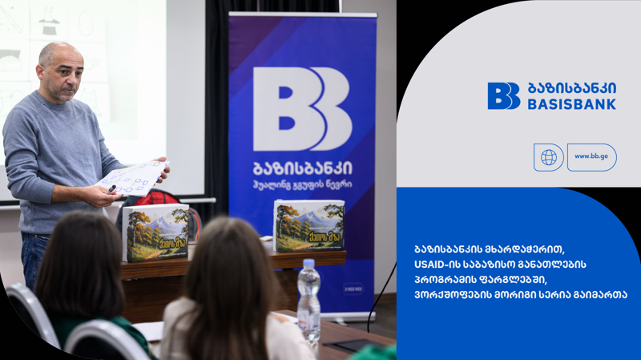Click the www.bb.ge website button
pos(592,157)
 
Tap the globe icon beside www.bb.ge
pos(549,157)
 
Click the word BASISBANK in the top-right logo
pos(572,104)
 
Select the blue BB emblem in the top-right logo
pos(503,96)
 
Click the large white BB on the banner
pos(302,109)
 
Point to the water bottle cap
pos(308,263)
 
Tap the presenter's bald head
pos(56,58)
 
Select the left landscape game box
pos(156,233)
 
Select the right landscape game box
pos(309,225)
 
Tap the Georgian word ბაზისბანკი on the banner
pos(303,170)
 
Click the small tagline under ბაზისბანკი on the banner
pos(303,186)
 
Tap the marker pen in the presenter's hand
pos(113,188)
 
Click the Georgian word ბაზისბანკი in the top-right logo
pos(572,88)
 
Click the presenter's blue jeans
pos(34,257)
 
